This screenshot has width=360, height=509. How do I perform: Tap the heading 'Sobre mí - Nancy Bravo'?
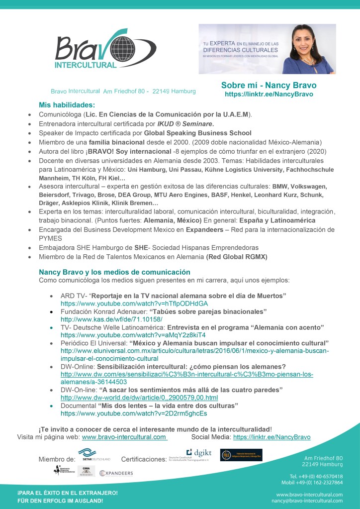[269, 85]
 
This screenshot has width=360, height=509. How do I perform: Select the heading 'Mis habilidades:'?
[67, 105]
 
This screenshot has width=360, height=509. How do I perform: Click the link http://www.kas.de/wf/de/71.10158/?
[111, 319]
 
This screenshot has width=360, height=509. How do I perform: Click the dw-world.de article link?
[139, 398]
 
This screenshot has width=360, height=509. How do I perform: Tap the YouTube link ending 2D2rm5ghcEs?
[134, 413]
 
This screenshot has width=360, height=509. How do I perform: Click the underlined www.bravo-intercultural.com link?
[124, 437]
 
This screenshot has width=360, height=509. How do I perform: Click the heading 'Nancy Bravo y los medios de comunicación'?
[114, 272]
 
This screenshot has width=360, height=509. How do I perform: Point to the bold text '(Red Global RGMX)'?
[237, 256]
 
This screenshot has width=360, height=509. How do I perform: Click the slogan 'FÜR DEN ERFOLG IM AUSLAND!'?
[61, 501]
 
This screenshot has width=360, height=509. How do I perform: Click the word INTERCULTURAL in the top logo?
[86, 65]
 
